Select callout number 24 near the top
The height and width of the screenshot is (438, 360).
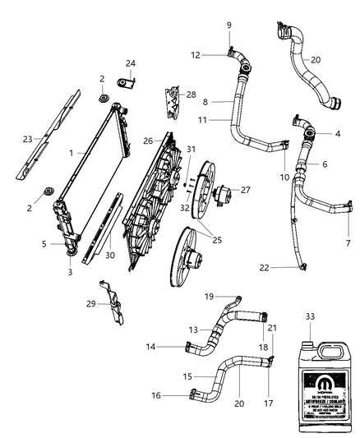[x=130, y=63]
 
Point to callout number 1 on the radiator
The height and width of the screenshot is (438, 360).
[x=73, y=152]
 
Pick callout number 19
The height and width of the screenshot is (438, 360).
[x=209, y=296]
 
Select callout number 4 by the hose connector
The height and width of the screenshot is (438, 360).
[x=337, y=133]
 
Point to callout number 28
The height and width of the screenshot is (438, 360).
[x=192, y=95]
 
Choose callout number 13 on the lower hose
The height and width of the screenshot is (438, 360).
[x=194, y=330]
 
